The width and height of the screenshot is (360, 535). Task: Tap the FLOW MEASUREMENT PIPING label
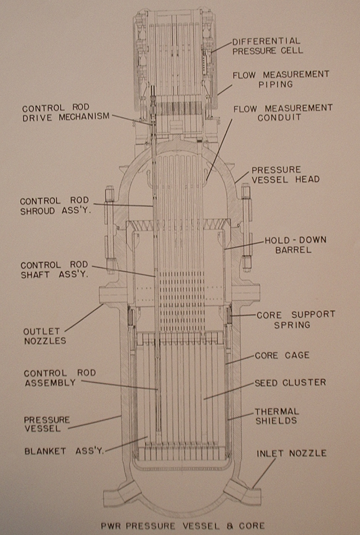(280, 80)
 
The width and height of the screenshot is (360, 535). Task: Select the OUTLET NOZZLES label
(45, 336)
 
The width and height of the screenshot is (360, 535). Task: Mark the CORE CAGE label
(281, 355)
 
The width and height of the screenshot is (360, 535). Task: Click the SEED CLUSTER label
(290, 383)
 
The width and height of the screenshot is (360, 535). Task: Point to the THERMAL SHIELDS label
(277, 416)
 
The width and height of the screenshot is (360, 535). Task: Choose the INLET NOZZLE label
(292, 453)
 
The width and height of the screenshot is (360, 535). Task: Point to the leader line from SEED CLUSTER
(228, 391)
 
